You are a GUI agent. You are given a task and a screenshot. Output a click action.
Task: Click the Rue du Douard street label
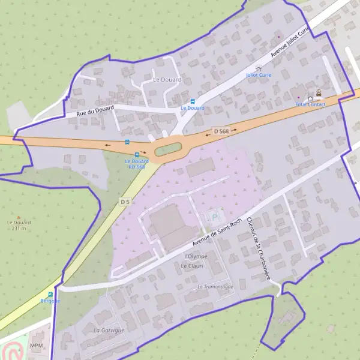[x=95, y=110]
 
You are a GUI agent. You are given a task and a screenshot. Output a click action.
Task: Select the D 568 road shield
[x=221, y=131]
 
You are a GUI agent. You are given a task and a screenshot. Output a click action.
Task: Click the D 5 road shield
[x=124, y=202]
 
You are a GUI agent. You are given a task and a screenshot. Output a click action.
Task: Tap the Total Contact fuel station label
[x=310, y=104]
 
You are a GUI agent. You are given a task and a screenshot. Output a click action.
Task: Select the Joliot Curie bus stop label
[x=259, y=76]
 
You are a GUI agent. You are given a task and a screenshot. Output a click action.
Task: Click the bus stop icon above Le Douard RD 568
[x=137, y=155]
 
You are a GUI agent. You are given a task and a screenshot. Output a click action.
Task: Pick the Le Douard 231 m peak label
[x=19, y=225]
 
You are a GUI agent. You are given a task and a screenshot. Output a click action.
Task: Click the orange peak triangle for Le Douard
[x=19, y=217]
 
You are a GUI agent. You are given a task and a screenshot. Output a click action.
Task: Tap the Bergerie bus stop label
[x=50, y=301]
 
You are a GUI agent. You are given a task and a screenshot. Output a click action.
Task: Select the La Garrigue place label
[x=109, y=331]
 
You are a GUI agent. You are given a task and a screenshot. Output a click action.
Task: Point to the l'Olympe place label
[x=196, y=256]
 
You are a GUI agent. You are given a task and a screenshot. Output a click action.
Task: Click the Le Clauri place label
[x=193, y=266]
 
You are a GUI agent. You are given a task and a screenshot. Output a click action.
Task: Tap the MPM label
[x=37, y=346]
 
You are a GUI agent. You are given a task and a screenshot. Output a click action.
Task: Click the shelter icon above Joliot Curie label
[x=259, y=68]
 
